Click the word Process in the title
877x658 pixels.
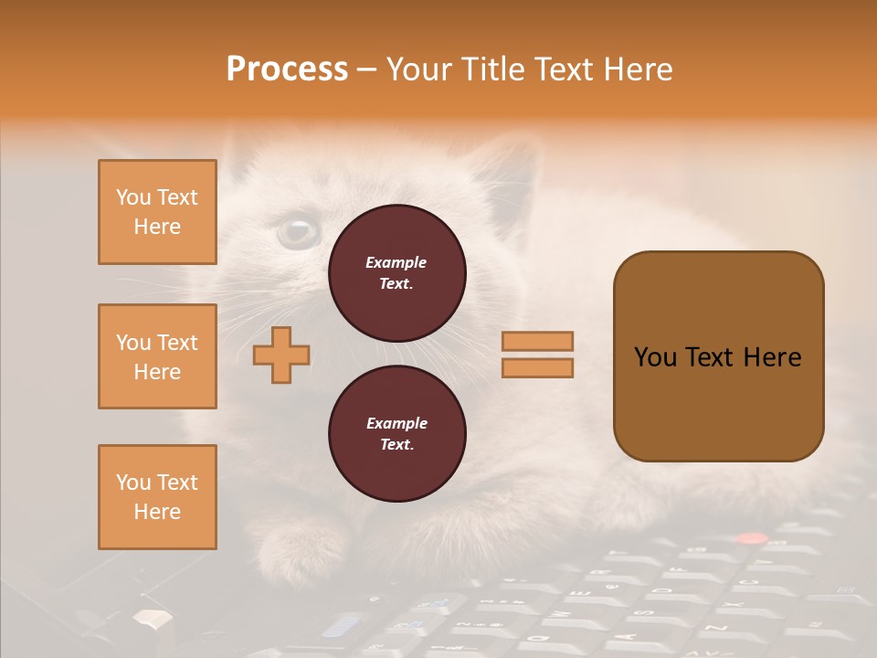287,69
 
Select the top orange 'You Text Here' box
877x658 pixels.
157,212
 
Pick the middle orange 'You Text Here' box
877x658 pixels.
157,356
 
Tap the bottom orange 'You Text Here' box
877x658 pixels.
157,497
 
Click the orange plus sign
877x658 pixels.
281,355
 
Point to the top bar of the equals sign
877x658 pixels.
537,341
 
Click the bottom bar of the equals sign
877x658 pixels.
537,368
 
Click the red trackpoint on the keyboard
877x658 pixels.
752,538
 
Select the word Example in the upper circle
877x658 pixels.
396,262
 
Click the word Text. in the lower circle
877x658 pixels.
396,445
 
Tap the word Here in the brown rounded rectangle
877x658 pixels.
772,357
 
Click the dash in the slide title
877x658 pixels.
366,69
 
